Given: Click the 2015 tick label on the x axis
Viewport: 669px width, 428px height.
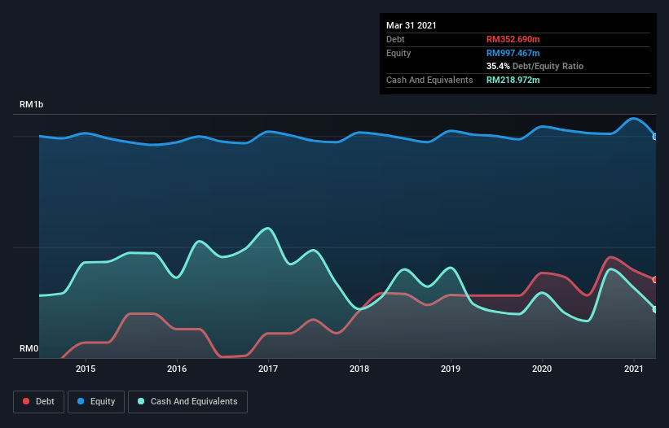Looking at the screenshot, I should point(86,369).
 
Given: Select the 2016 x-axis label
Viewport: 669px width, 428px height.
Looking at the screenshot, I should point(177,369).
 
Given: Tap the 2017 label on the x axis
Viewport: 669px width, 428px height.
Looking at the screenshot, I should point(268,369).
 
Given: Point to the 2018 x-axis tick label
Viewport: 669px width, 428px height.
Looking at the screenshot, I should point(359,369).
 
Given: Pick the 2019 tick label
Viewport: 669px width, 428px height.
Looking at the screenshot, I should point(451,369).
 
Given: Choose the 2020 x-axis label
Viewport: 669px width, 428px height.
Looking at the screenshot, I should point(542,369).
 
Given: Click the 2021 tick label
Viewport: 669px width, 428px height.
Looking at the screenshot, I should point(632,369).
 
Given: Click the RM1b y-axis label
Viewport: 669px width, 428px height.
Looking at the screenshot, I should point(32,105).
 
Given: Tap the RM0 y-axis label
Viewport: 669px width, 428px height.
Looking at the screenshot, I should point(29,349).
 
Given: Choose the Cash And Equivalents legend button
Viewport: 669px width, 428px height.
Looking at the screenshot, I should point(187,401).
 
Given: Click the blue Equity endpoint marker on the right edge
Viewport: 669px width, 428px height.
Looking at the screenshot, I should point(655,137).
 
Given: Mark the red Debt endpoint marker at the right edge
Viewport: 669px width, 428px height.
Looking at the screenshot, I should point(655,280).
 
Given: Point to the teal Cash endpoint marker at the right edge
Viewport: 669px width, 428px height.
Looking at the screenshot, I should point(655,309).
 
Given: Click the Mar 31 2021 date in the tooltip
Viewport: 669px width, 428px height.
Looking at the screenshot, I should point(412,25).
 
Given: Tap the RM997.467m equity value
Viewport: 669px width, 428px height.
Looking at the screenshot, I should point(513,53).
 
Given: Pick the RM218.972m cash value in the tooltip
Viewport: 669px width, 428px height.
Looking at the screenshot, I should point(513,80).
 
